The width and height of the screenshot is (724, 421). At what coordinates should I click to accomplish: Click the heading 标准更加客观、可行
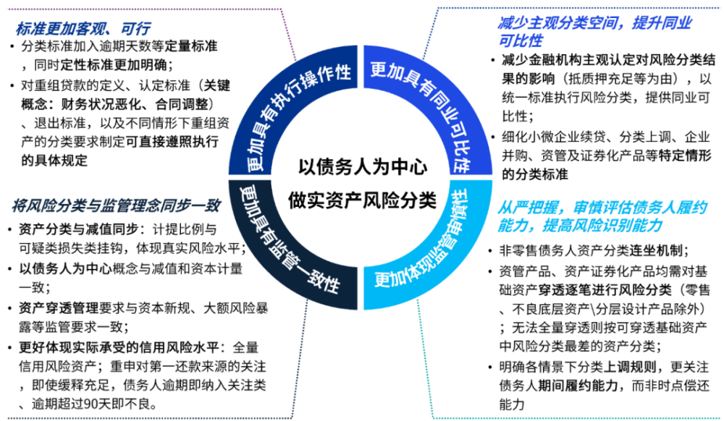click(x=83, y=29)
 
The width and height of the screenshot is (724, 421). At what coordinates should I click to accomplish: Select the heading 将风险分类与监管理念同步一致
click(x=117, y=205)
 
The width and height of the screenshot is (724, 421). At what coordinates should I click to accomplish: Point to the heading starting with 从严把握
click(x=602, y=216)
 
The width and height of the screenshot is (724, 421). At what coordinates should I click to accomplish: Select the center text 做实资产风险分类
click(x=362, y=200)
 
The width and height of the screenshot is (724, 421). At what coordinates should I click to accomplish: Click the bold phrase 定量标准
click(x=191, y=46)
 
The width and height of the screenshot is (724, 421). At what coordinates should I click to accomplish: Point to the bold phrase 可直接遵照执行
click(x=172, y=142)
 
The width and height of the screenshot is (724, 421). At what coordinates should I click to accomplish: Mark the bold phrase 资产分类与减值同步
click(x=78, y=229)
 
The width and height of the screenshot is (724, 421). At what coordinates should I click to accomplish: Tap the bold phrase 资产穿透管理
click(x=59, y=308)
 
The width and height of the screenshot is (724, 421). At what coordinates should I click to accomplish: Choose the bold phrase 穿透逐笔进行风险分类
click(x=605, y=290)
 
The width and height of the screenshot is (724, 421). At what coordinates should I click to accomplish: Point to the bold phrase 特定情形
click(x=685, y=156)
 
